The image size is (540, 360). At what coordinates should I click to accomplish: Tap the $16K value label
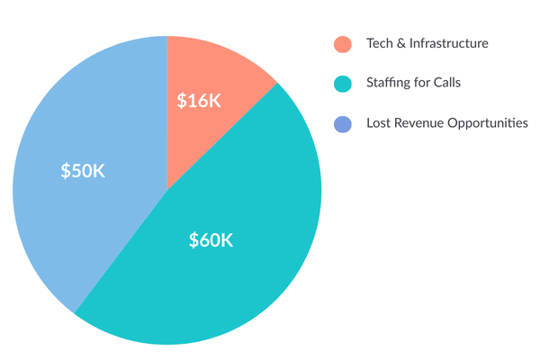point(199,100)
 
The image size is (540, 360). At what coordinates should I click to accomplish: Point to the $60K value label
point(211,240)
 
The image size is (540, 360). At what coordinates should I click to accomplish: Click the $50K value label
point(83,171)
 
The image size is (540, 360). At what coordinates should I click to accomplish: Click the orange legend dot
point(343,44)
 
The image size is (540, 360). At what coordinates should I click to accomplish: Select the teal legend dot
point(343,83)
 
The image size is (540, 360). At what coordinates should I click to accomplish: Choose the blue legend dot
point(343,122)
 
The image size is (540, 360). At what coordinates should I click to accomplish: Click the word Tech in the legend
point(378,44)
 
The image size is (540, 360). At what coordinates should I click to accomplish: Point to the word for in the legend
point(427,83)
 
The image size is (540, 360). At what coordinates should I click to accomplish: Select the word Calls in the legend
point(454,83)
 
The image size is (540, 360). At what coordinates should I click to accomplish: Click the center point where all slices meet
point(166,190)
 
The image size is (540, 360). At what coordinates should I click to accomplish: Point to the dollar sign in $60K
point(193,240)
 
